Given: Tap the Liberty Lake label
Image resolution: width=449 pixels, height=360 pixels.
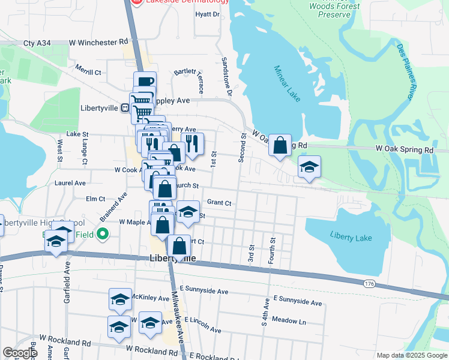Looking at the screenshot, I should [x=351, y=238].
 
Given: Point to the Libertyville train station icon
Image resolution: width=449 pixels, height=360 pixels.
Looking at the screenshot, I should [x=124, y=108].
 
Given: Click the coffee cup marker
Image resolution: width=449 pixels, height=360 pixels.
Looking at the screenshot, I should [x=145, y=82].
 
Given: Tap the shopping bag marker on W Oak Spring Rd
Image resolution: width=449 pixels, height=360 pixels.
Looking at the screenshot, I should [x=280, y=145].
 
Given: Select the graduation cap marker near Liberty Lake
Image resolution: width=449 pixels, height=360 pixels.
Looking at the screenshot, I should [x=309, y=167].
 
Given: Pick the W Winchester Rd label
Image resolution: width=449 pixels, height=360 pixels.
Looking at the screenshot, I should [x=98, y=43].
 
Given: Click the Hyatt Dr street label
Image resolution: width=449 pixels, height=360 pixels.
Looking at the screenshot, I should [x=208, y=14].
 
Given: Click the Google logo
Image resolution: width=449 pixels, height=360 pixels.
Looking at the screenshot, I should [x=19, y=353].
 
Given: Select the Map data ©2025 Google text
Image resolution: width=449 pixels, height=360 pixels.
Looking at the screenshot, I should [x=411, y=355].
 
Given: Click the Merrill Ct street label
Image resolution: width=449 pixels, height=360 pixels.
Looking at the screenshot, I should [x=88, y=72].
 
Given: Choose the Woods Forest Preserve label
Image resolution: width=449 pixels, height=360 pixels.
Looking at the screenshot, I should [x=334, y=10].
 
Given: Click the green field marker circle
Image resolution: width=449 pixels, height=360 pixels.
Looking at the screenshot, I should [x=102, y=235].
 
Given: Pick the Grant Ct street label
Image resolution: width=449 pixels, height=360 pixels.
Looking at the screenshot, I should [x=219, y=203].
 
